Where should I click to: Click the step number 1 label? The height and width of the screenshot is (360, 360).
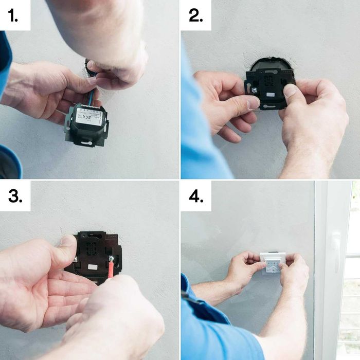(x=14, y=15)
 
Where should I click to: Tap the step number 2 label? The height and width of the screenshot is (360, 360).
(x=196, y=15)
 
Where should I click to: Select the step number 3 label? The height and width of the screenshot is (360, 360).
(x=14, y=196)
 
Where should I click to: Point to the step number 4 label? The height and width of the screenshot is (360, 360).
(x=196, y=196)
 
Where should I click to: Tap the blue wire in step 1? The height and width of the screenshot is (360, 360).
(x=93, y=96)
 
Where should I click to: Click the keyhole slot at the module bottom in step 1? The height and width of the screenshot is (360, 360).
(x=86, y=142)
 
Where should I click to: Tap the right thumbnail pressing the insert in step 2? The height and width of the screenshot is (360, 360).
(x=291, y=90)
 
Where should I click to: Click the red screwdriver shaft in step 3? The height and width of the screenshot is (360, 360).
(x=110, y=271)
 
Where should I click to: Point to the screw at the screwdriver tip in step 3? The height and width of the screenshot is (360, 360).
(x=111, y=259)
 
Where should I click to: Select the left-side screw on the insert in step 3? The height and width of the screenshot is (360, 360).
(x=75, y=259)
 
